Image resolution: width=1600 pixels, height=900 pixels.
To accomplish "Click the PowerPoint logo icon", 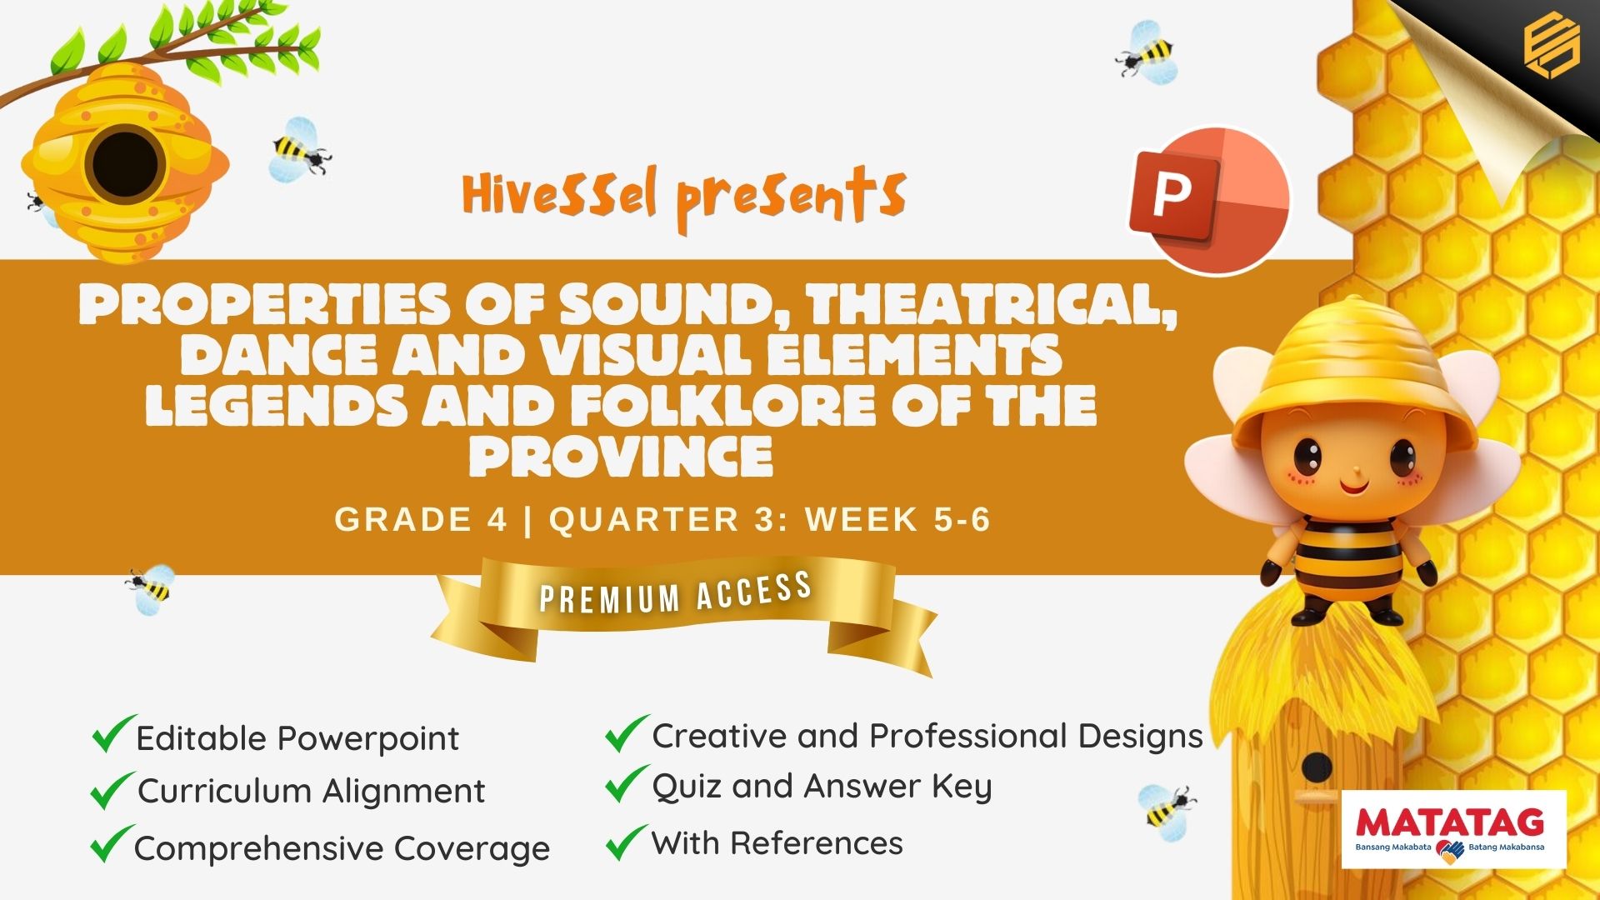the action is (1209, 200).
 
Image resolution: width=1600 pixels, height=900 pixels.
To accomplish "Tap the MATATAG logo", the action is (1453, 829).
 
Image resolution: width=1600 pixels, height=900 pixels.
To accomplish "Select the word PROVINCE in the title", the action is (621, 456).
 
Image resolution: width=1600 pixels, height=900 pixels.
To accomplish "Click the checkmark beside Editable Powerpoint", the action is (114, 733).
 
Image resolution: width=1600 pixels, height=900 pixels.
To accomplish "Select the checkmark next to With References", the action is (627, 842).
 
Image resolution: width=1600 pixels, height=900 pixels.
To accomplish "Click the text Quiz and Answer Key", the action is (822, 786).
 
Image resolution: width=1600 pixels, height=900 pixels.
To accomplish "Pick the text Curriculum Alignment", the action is (311, 791).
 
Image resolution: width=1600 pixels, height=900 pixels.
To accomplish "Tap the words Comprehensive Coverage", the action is (342, 848).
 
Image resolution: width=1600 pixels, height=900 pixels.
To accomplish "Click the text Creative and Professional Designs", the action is (927, 736).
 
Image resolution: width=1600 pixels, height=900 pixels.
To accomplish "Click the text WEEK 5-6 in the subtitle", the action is (897, 519).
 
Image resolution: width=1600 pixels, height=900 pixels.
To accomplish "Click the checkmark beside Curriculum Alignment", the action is (112, 790).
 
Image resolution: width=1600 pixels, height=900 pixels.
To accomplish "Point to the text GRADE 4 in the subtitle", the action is (421, 519).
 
